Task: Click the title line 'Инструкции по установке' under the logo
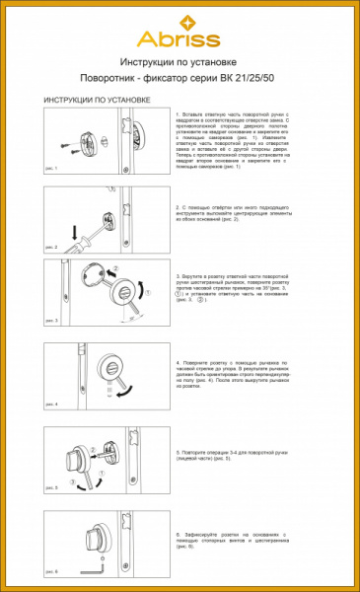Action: pos(180,61)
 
